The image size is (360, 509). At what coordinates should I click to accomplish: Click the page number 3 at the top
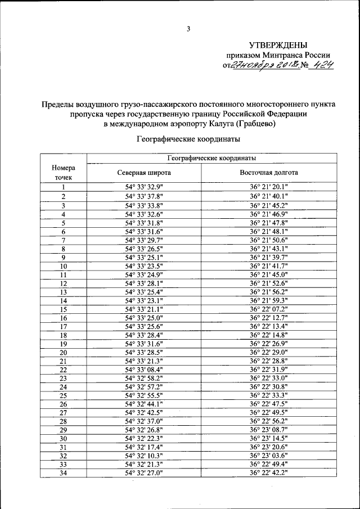pos(189,29)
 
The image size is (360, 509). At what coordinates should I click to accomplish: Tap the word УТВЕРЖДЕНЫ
pos(278,45)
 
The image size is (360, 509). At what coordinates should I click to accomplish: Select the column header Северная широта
pos(144,173)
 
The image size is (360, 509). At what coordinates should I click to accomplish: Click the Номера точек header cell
pos(64,172)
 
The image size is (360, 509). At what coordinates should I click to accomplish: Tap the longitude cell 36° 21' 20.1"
pos(269,187)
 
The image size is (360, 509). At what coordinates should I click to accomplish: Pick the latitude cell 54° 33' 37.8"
pos(144,196)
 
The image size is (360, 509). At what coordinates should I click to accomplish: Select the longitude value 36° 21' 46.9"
pos(269,214)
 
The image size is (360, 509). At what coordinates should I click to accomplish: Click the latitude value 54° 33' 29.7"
pos(144,241)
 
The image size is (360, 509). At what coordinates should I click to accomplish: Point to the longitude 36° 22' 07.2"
pos(269,309)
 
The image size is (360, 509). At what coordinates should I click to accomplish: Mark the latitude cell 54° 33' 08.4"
pos(144,370)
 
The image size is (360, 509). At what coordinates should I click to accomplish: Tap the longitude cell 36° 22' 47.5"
pos(269,404)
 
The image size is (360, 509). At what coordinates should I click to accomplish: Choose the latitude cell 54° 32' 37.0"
pos(144,421)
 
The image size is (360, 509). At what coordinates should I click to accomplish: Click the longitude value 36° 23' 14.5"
pos(269,438)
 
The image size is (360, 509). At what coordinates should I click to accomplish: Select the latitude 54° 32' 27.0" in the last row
pos(144,473)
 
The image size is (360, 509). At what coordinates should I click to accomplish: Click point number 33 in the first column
pos(64,465)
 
